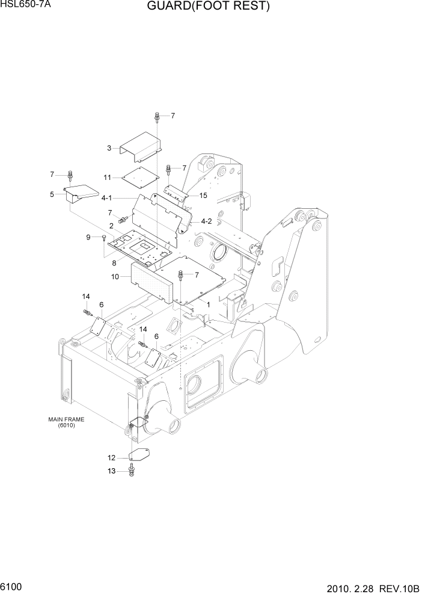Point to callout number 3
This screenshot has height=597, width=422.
pyautogui.click(x=109, y=148)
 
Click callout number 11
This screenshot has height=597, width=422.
pyautogui.click(x=107, y=178)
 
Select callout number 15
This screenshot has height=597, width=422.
pyautogui.click(x=203, y=196)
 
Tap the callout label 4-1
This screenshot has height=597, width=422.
pyautogui.click(x=107, y=197)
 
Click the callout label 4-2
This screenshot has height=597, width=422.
pyautogui.click(x=206, y=221)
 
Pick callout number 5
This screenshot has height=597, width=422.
pyautogui.click(x=52, y=194)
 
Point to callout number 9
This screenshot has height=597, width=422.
pyautogui.click(x=88, y=238)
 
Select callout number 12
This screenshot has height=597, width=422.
pyautogui.click(x=111, y=459)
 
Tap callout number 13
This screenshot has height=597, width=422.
pyautogui.click(x=111, y=471)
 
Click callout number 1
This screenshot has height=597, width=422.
pyautogui.click(x=208, y=305)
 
